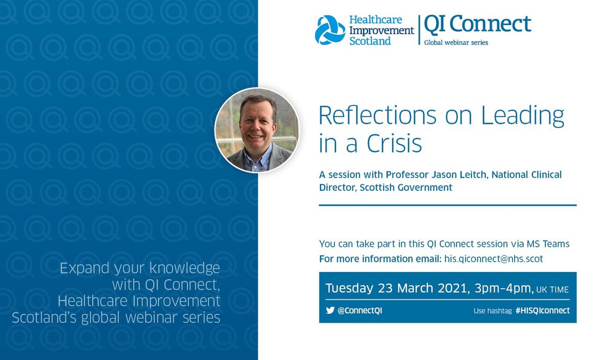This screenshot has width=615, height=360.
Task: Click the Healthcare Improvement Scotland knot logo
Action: click(x=330, y=30)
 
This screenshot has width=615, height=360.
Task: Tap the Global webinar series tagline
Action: click(x=456, y=43)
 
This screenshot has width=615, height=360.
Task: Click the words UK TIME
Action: click(x=552, y=290)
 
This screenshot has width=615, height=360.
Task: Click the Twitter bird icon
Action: click(x=330, y=311)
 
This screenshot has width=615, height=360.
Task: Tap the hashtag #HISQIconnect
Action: click(x=542, y=311)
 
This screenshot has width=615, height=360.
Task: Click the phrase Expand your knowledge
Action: click(x=140, y=268)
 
